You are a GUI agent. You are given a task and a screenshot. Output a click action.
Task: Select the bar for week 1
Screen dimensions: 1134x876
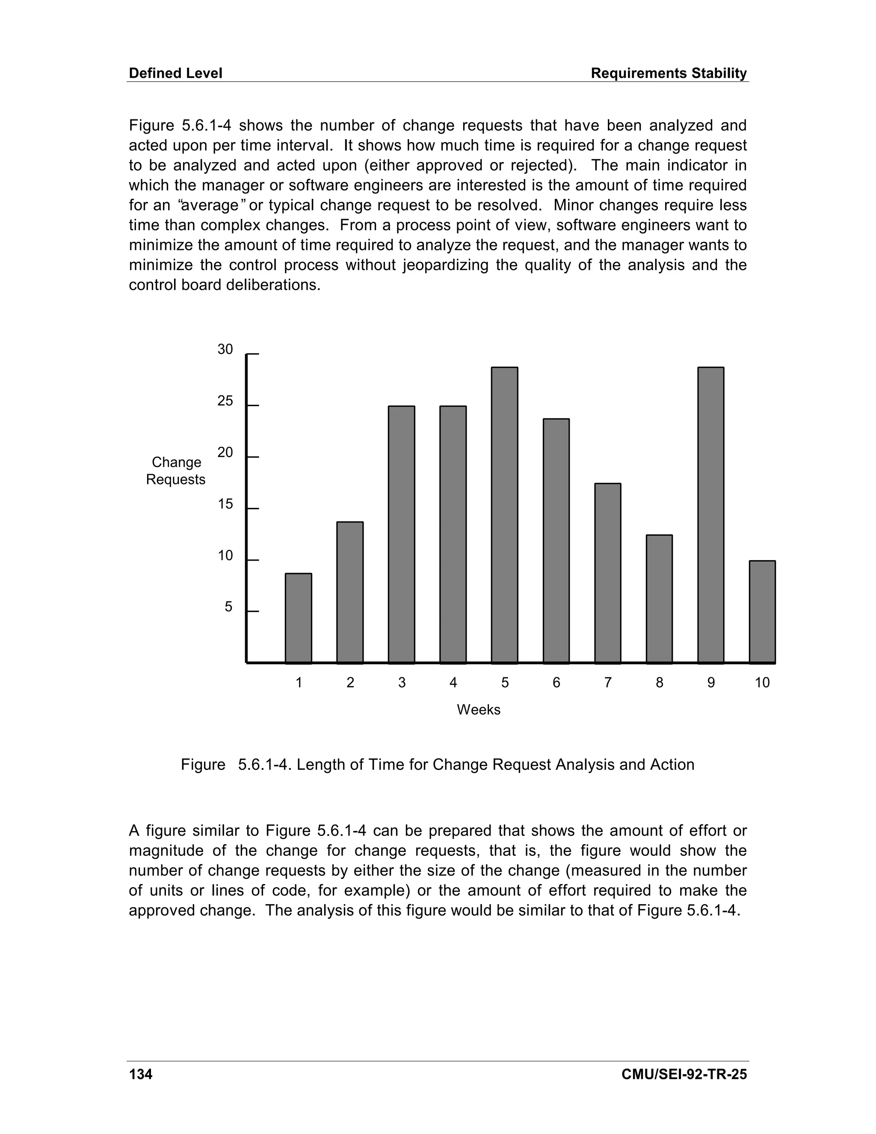pos(299,618)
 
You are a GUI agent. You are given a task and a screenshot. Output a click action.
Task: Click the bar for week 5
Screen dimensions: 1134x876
pos(504,515)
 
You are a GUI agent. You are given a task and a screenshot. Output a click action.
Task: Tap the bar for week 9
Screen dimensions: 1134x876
pos(710,515)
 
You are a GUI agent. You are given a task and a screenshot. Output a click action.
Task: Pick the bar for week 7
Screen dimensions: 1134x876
pos(608,573)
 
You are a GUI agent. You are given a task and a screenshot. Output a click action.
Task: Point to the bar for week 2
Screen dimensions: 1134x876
pos(350,592)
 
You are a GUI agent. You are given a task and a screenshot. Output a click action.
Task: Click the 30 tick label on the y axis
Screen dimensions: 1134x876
pos(225,350)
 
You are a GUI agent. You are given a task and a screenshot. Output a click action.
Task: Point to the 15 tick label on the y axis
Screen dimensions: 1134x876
pos(225,504)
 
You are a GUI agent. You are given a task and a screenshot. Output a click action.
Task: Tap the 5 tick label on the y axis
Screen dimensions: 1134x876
pos(228,607)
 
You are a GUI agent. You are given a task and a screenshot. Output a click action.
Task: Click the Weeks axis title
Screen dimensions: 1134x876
pos(479,710)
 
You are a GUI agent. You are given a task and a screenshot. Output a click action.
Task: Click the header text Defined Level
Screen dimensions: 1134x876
pos(175,73)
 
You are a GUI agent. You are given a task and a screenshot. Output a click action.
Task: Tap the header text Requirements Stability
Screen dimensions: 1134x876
pos(669,73)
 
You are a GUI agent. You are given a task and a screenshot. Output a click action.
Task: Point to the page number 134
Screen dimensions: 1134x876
pos(141,1074)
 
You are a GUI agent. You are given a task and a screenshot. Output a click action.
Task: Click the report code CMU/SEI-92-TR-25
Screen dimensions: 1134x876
pos(684,1074)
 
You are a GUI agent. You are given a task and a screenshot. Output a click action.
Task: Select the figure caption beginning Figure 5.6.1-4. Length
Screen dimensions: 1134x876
pos(438,765)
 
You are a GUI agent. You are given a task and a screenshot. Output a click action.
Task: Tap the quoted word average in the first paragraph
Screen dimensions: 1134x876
pos(210,205)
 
